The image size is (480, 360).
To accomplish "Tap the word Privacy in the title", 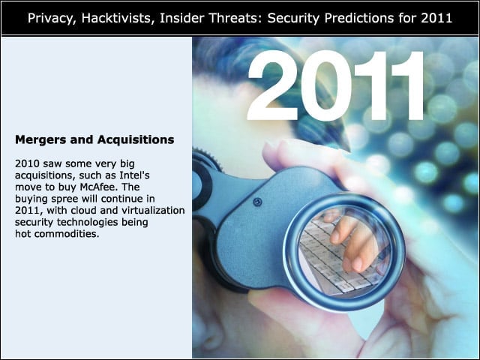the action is [52, 19].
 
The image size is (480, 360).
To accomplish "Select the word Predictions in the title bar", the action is [359, 18].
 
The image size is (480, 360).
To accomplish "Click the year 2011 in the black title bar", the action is [436, 18].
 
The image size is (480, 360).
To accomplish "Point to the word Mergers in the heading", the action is [40, 140].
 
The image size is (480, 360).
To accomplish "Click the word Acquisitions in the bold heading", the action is [136, 140].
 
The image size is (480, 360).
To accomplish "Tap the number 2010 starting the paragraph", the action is [27, 163].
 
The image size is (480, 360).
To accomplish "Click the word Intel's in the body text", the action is [134, 175].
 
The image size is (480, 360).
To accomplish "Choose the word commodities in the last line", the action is [67, 234].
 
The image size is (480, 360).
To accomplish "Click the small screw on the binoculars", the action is [257, 202].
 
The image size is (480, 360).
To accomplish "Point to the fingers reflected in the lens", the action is [352, 241].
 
